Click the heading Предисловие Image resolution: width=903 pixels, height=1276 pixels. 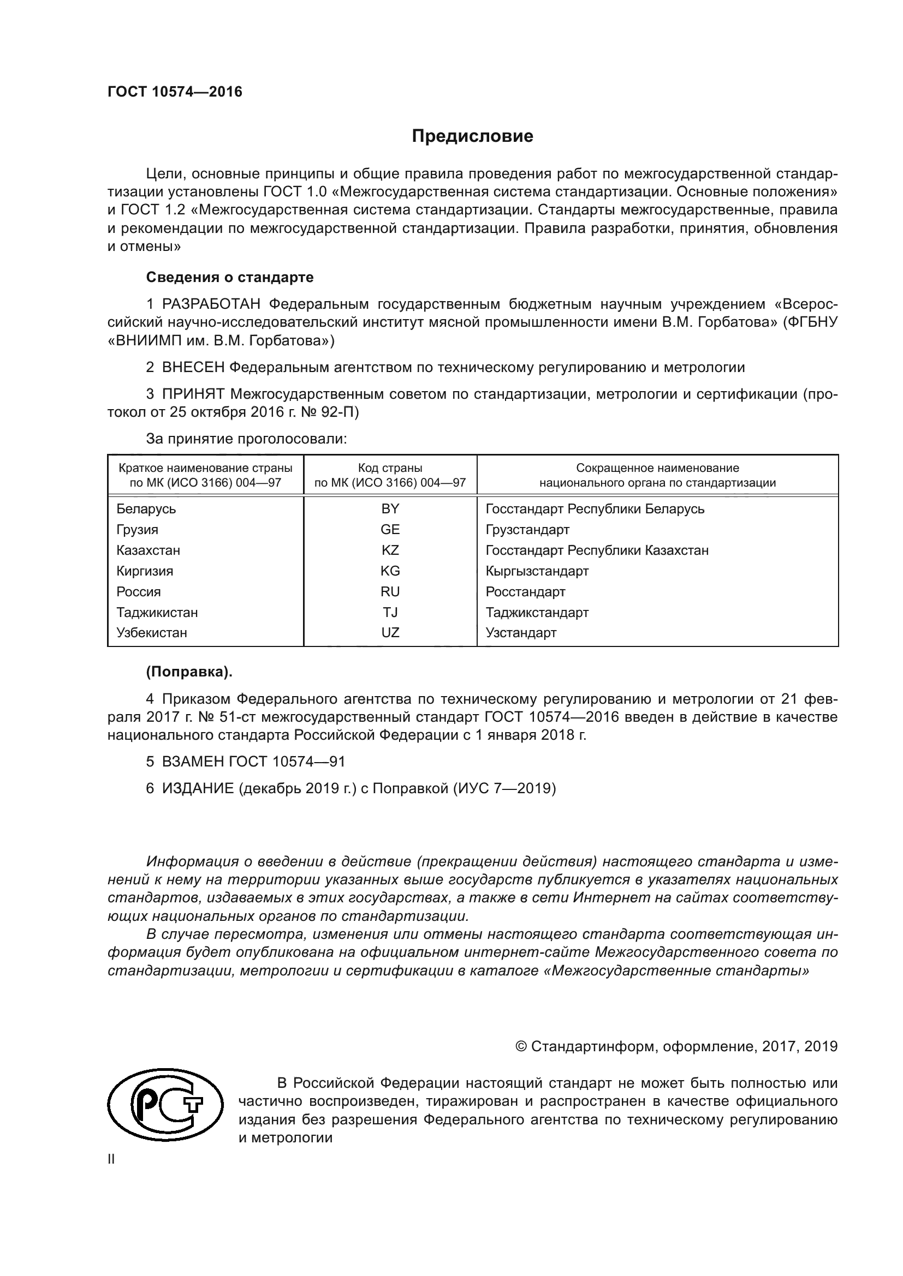[472, 136]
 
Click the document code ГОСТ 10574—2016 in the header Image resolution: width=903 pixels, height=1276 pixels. [175, 92]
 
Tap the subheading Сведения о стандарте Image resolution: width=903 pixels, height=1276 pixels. [230, 277]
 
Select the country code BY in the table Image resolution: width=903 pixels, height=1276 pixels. [390, 508]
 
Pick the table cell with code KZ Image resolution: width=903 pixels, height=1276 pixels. [390, 550]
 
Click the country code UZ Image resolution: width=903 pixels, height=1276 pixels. [390, 632]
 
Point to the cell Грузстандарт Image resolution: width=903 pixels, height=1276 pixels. [527, 530]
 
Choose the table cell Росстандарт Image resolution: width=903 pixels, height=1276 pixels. [525, 592]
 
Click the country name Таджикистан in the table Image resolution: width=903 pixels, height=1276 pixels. [157, 613]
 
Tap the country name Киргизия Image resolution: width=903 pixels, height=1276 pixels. [145, 571]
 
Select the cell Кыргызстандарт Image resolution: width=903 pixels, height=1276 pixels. [537, 571]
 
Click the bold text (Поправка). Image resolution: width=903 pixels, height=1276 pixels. [189, 672]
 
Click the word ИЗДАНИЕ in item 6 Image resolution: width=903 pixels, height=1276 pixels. [198, 789]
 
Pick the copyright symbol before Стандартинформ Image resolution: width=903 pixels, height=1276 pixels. [521, 1046]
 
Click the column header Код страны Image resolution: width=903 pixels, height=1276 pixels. [390, 469]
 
